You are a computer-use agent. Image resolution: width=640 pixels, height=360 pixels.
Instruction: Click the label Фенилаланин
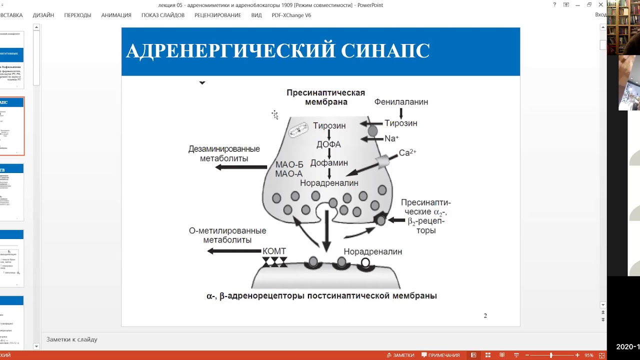[401, 102]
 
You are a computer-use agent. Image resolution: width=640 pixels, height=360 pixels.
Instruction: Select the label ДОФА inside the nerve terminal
[328, 144]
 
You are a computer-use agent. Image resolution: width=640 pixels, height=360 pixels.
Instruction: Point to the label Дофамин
[329, 163]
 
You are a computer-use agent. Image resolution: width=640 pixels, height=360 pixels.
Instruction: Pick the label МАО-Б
[289, 164]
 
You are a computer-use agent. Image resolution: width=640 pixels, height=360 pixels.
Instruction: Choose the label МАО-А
[289, 174]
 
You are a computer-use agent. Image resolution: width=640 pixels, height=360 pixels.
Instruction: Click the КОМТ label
[274, 251]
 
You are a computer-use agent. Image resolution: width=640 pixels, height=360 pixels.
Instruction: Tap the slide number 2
[485, 315]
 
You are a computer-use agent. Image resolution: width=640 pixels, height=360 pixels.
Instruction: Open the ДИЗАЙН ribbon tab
[43, 15]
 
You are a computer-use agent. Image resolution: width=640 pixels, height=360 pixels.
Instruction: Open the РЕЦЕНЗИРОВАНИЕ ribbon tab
[217, 15]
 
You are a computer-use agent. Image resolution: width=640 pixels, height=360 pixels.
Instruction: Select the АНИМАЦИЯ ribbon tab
[116, 15]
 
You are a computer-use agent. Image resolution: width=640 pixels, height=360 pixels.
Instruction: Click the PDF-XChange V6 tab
[291, 15]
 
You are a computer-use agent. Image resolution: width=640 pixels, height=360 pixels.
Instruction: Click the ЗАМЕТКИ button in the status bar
[400, 355]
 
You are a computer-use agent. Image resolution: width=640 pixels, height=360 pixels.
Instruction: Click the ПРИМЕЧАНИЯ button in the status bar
[440, 355]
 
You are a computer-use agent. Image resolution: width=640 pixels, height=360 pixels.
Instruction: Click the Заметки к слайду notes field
[72, 339]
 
